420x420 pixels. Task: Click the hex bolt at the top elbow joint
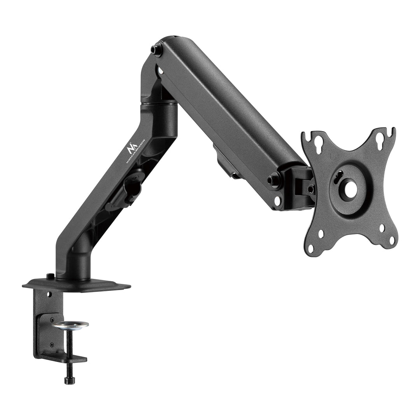click(x=157, y=50)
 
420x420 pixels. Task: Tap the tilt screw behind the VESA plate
click(x=311, y=189)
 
